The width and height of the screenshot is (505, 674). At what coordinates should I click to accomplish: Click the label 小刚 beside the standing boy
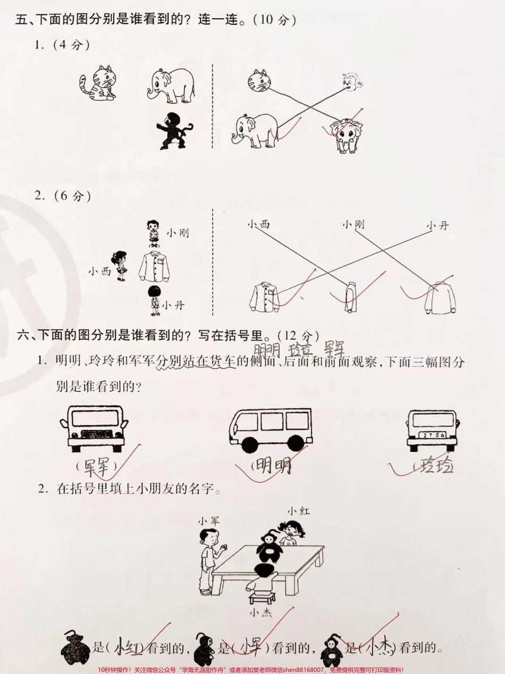click(x=177, y=232)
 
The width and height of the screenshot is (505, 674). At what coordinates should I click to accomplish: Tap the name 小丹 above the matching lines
click(x=437, y=225)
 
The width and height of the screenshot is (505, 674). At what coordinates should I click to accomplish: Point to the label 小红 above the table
click(x=298, y=511)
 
